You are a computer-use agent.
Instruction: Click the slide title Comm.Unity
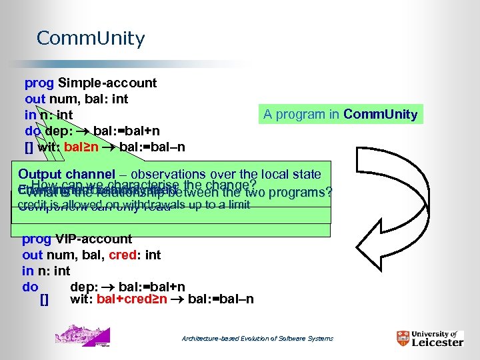90,39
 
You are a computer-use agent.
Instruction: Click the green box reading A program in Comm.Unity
340,114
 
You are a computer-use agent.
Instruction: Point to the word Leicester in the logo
437,342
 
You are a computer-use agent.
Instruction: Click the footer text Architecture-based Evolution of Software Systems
257,339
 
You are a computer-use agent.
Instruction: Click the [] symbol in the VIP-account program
45,299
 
